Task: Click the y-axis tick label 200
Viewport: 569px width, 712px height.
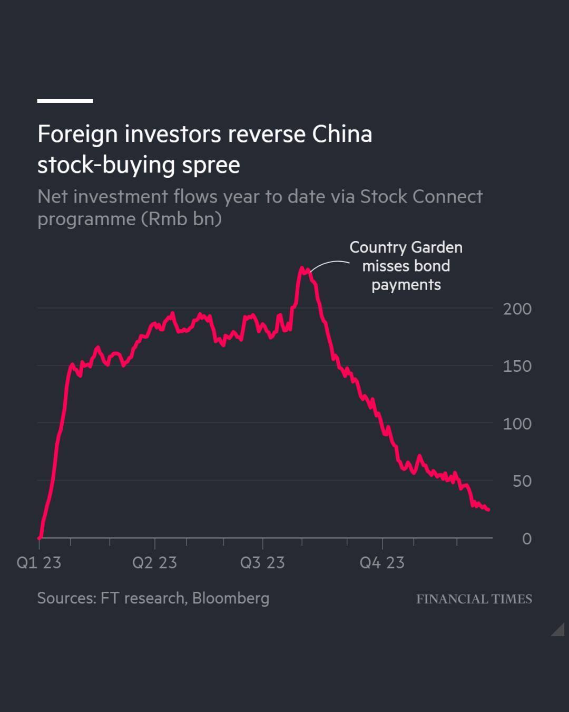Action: [x=517, y=309]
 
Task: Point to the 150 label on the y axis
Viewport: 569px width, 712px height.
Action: [x=517, y=367]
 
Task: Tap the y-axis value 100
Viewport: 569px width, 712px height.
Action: [x=517, y=424]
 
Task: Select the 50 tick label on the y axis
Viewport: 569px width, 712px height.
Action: [x=522, y=482]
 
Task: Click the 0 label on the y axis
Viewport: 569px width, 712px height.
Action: [x=526, y=539]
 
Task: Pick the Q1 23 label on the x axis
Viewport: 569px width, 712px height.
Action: [x=39, y=563]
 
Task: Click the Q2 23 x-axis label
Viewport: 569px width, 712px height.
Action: [x=154, y=563]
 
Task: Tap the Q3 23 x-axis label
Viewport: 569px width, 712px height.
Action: [x=262, y=563]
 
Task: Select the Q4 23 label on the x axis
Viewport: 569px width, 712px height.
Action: [x=382, y=563]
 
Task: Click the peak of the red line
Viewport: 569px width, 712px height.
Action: [x=302, y=268]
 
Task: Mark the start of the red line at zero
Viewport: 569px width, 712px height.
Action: [x=40, y=537]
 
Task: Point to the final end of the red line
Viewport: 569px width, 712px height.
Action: [x=488, y=509]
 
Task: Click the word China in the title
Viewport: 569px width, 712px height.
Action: [x=342, y=134]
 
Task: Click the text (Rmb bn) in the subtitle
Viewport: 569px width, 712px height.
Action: [x=181, y=219]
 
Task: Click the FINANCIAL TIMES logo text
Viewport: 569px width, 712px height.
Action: [x=474, y=599]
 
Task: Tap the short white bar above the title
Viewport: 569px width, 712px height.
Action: [x=65, y=101]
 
